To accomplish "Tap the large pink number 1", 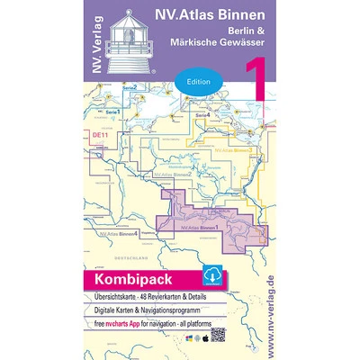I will pos(247,82).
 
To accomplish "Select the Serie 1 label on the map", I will pos(112,111).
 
